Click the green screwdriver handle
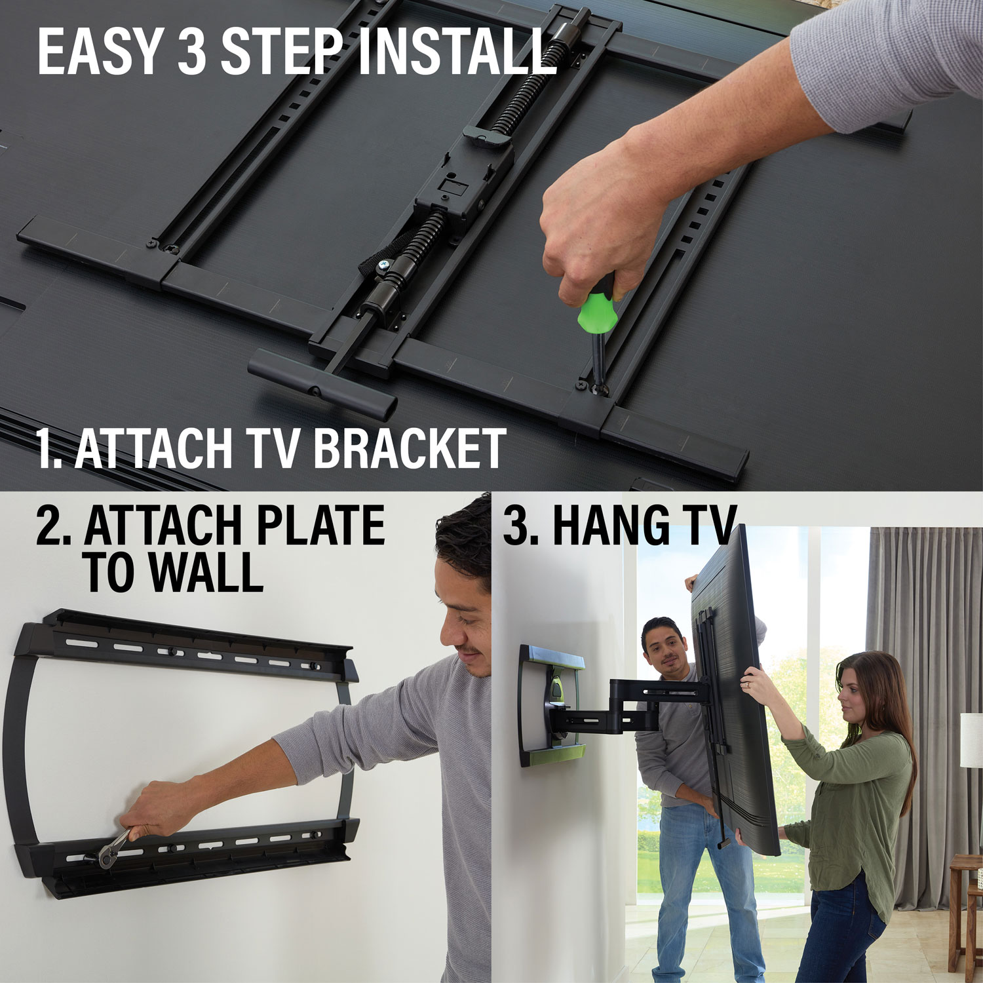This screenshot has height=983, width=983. (598, 311)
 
